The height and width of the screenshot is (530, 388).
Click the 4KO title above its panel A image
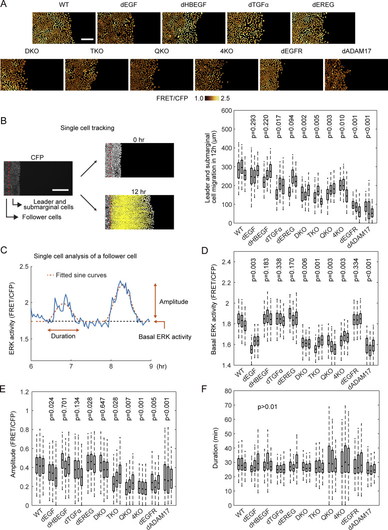click(227, 52)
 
